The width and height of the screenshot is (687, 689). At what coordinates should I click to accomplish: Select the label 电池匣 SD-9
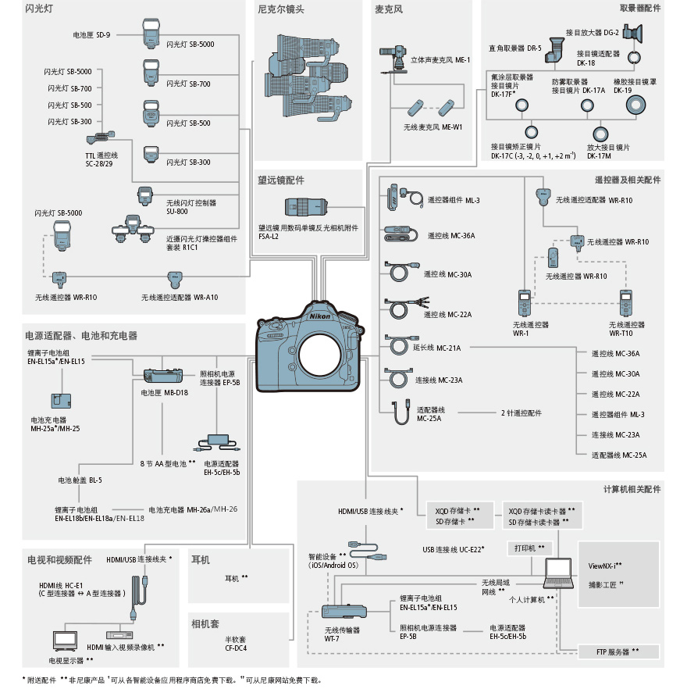point(91,35)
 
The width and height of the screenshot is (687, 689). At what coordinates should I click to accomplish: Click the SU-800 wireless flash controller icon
point(145,197)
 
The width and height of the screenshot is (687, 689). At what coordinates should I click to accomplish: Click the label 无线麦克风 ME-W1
point(433,127)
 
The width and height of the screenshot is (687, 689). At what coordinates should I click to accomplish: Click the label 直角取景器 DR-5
point(514,48)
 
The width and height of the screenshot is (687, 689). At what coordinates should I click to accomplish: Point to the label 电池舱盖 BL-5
point(80,480)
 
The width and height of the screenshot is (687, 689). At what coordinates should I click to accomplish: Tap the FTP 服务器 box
point(617,652)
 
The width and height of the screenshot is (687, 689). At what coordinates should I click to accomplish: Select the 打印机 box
point(530,548)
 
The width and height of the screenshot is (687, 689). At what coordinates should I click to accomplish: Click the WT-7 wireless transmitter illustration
point(344,614)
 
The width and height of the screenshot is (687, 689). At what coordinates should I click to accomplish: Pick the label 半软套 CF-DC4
point(236,643)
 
